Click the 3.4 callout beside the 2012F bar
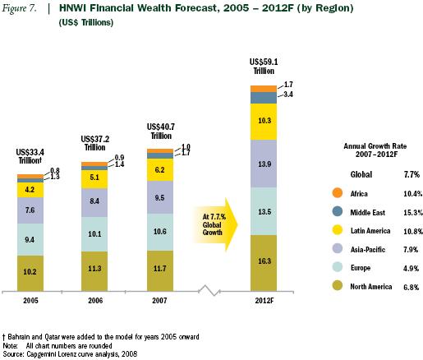(289, 95)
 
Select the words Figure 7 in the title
(21, 9)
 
